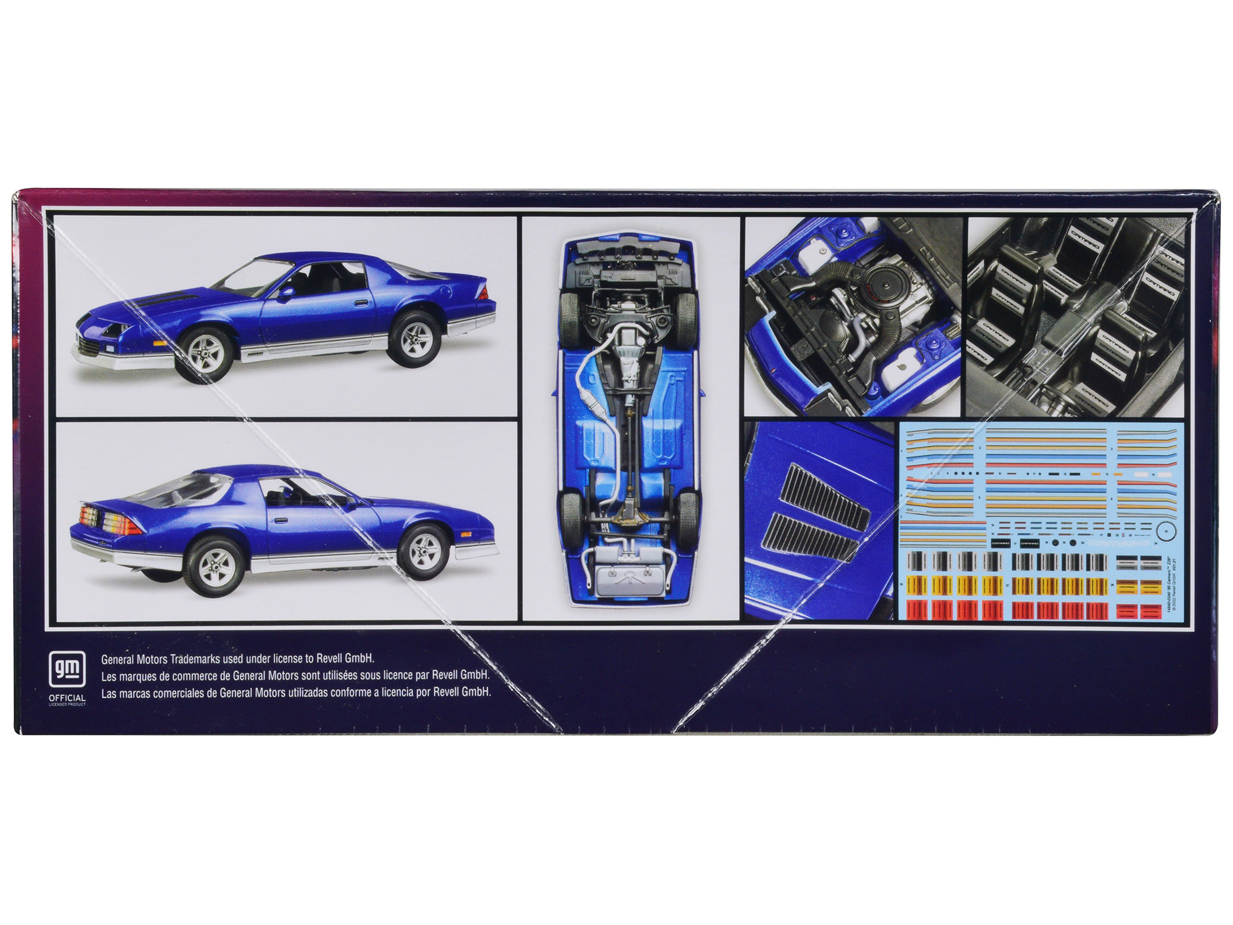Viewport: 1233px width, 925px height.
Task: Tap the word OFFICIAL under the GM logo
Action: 67,698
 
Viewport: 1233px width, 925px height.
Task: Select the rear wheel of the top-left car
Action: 414,336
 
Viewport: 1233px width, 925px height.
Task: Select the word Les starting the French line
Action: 109,676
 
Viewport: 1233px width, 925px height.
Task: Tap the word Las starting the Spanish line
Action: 109,693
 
